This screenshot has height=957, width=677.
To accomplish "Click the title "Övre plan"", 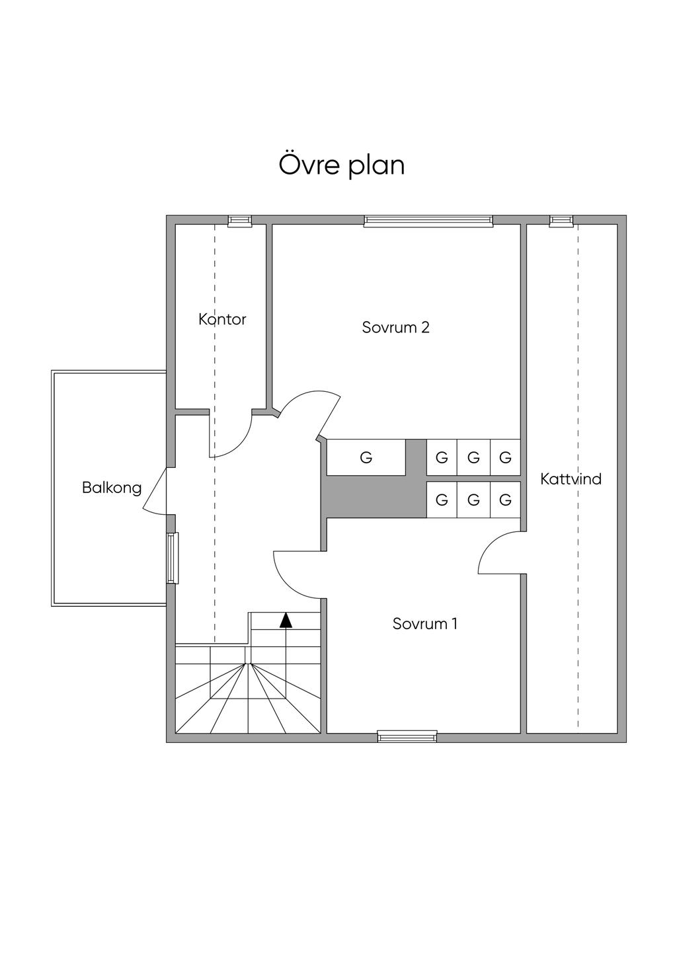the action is (341, 165).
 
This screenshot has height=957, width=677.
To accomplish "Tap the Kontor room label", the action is (222, 319).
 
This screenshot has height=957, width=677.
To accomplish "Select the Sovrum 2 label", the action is (395, 327).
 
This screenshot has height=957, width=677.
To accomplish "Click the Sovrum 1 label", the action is (424, 623).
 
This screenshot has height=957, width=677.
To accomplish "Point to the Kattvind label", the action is (571, 478).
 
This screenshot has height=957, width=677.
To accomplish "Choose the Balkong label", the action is (112, 488).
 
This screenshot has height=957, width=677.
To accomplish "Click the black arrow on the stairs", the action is (286, 620).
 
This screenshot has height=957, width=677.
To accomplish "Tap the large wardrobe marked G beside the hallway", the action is (366, 457).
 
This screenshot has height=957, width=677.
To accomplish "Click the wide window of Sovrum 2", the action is (428, 221).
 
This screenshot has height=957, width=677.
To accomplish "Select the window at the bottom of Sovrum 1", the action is (407, 735).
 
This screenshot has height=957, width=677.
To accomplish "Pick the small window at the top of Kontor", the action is (239, 221).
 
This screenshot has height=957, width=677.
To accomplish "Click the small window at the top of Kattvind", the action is (561, 221).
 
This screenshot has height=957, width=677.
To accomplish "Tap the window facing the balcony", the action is (172, 558).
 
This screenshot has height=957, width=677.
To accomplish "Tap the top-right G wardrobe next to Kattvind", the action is (505, 457).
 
